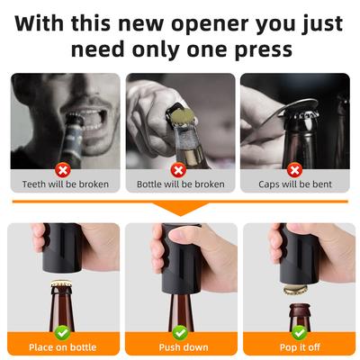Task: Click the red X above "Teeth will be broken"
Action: pos(63,168)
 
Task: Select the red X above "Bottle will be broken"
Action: pos(179,168)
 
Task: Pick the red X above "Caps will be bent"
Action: pos(294,168)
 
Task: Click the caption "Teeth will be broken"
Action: pos(65,184)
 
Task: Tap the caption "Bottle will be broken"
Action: pos(180,184)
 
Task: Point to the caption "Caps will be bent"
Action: pos(295,184)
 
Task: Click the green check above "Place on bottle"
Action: pos(64,331)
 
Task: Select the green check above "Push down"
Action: pos(180,331)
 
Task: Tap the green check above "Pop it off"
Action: pos(298,331)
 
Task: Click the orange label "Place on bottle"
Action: pos(63,346)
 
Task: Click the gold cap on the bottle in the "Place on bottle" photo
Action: pos(61,286)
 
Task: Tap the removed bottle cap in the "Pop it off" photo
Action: pos(294,289)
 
